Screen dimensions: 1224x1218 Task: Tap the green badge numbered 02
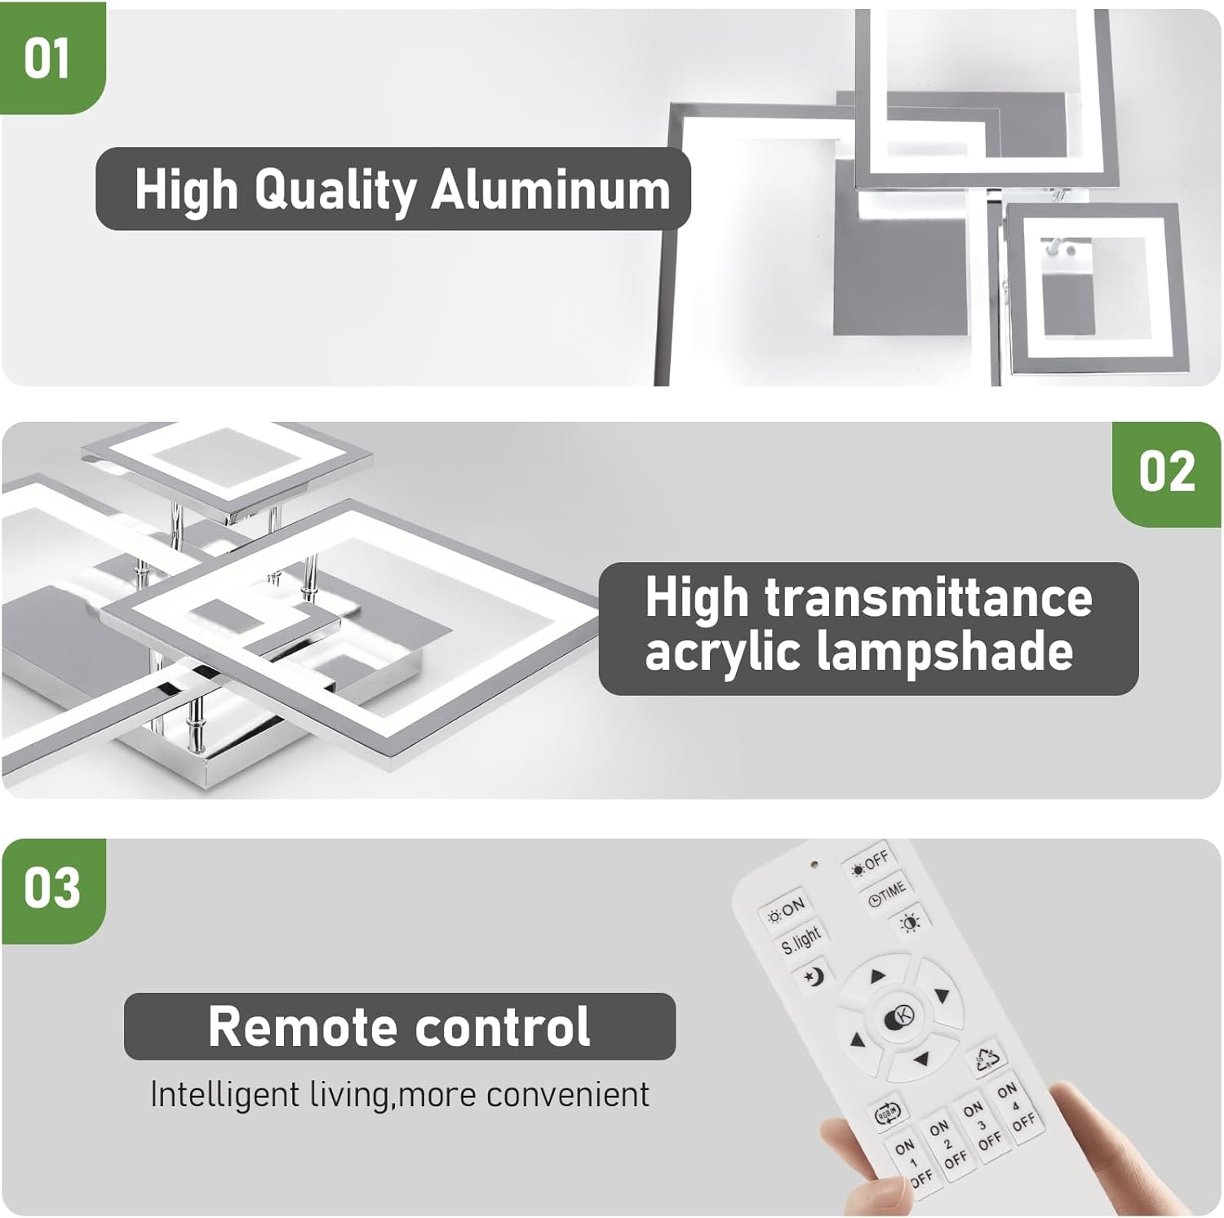[x=1167, y=473]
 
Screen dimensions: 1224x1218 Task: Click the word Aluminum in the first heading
[x=551, y=189]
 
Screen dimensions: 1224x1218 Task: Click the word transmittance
[x=928, y=597]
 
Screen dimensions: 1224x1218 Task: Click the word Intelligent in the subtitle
[x=224, y=1095]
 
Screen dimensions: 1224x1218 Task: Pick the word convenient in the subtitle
[x=568, y=1095]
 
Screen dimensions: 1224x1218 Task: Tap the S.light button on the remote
[x=800, y=941]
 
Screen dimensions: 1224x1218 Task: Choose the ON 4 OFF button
[x=1016, y=1107]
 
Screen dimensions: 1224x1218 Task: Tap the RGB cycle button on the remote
[x=887, y=1112]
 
